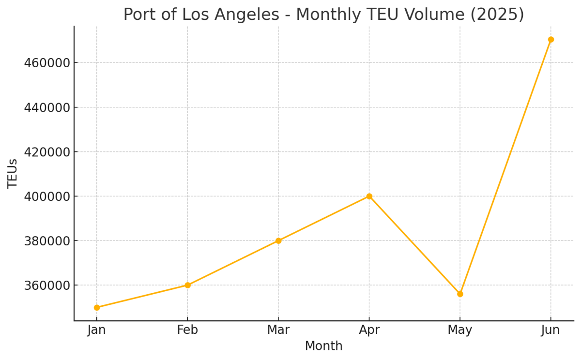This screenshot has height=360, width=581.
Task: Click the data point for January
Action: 97,307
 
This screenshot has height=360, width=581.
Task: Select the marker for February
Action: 187,285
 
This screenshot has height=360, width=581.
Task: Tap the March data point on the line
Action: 278,240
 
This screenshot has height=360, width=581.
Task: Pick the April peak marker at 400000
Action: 369,196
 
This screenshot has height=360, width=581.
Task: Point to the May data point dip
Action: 460,294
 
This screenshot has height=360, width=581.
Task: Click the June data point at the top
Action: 550,40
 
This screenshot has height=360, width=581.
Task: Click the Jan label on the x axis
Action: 97,330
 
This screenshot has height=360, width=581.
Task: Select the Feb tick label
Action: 187,330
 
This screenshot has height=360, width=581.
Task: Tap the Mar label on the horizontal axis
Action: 278,330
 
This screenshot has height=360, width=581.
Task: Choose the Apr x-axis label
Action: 369,330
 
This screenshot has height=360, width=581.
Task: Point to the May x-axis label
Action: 460,330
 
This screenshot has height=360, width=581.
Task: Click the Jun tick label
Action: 550,330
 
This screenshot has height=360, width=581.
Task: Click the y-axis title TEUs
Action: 13,173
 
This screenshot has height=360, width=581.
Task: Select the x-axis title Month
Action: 323,346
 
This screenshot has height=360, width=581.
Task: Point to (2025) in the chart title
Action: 497,15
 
